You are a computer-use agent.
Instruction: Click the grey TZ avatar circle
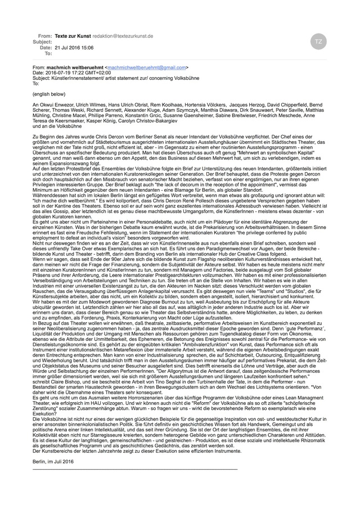point(318,41)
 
